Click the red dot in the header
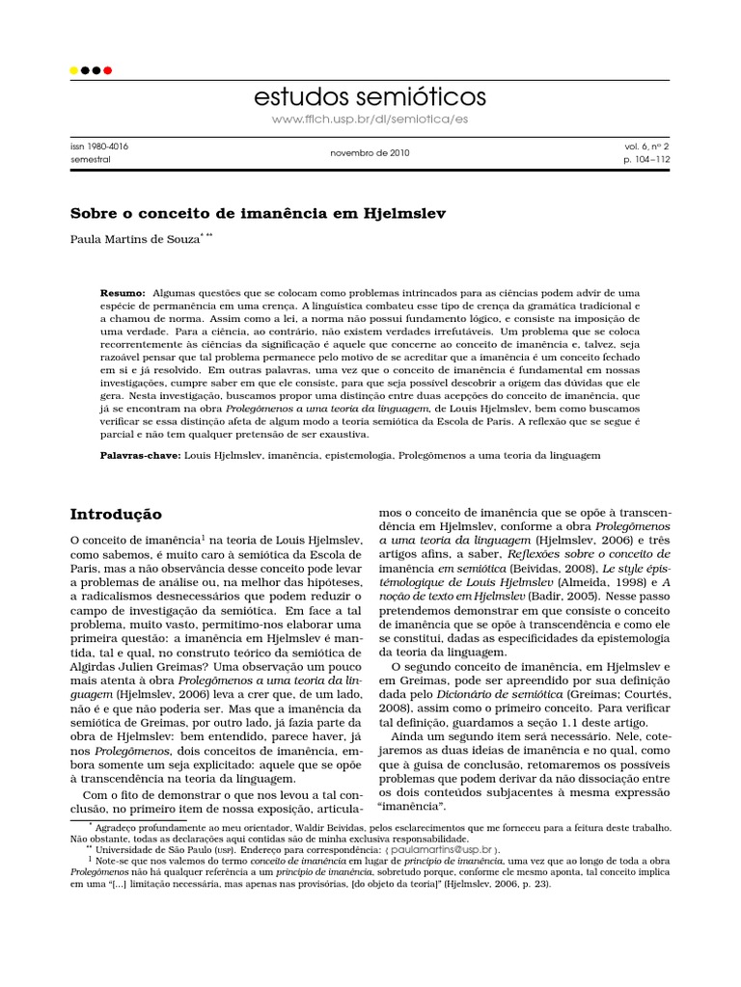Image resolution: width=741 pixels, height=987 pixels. pyautogui.click(x=108, y=70)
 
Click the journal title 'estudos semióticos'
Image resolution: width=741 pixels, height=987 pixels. pyautogui.click(x=370, y=97)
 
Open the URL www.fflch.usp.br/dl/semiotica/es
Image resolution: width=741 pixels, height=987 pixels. pyautogui.click(x=370, y=118)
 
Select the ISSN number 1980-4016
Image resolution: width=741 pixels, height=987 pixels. pyautogui.click(x=103, y=146)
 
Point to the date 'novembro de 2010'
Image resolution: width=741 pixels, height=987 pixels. pyautogui.click(x=370, y=152)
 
